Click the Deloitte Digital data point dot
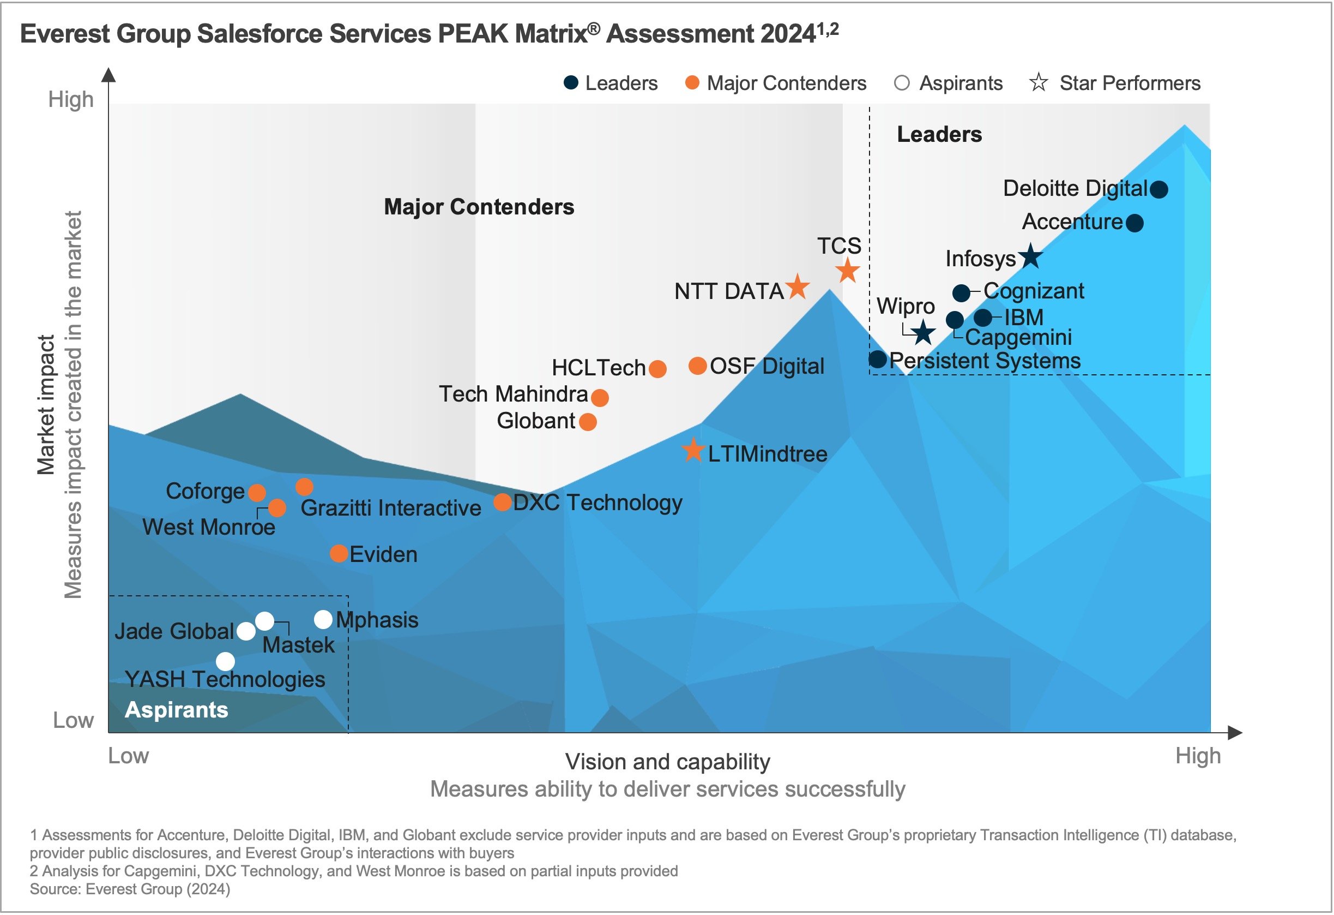coord(1159,189)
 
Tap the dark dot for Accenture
coord(1134,223)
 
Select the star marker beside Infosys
coord(1031,256)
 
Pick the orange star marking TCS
coord(848,271)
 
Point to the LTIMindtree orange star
coord(693,451)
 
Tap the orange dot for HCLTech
coord(657,369)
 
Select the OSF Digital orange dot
coord(697,366)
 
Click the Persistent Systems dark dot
coord(878,360)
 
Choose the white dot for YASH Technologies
coord(226,661)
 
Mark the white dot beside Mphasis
coord(324,619)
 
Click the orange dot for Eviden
coord(339,554)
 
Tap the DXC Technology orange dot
coord(503,503)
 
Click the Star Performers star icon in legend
coord(1039,83)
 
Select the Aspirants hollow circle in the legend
coord(902,83)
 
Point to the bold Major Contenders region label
coord(479,207)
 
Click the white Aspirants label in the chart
coord(176,710)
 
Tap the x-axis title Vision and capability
coord(668,762)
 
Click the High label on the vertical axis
coord(71,99)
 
